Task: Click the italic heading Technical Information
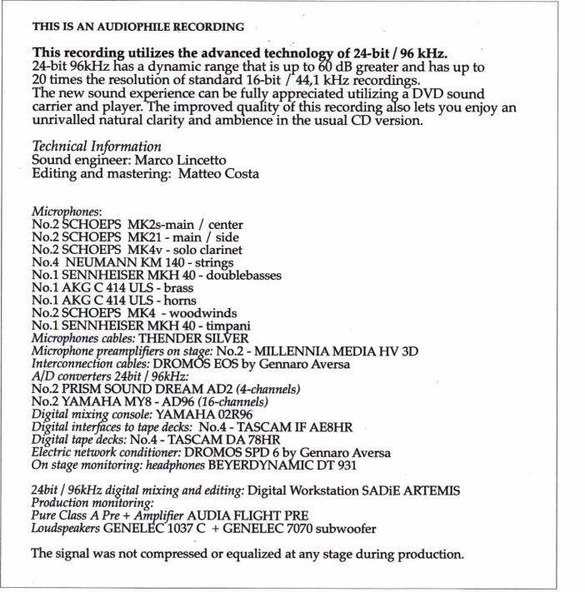[x=96, y=147]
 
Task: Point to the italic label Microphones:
[x=67, y=212]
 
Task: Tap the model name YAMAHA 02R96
[x=206, y=414]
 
